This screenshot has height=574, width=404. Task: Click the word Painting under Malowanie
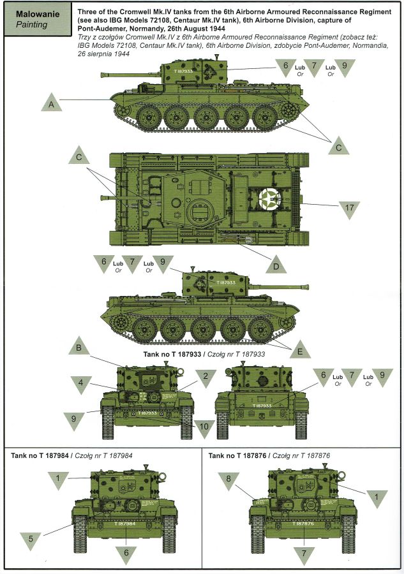click(25, 25)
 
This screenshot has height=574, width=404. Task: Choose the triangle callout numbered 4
click(82, 385)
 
